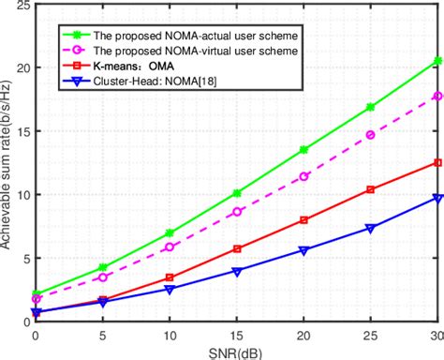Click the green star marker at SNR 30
[437, 61]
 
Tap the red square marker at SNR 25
[371, 189]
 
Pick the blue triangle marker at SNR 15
[237, 271]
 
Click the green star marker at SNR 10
[170, 232]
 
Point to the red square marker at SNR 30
[437, 162]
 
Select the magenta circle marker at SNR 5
[103, 277]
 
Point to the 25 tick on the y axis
[22, 6]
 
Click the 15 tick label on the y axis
[22, 131]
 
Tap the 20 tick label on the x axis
[303, 335]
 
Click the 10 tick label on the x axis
[170, 335]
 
